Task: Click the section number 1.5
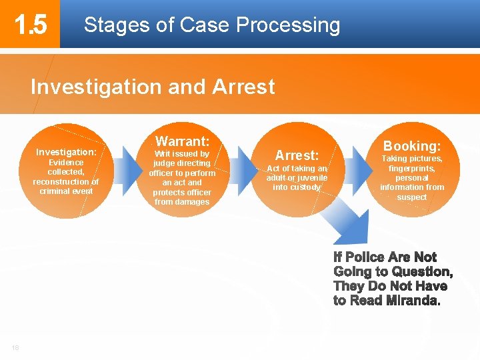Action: (31, 25)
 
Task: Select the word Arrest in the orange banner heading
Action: (243, 87)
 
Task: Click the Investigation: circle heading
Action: (66, 152)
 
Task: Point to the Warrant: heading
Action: (182, 141)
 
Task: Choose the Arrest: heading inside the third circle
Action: (297, 155)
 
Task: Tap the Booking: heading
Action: (411, 145)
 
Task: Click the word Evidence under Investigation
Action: (66, 163)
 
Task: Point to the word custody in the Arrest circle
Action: (305, 187)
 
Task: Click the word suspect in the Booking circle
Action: (411, 197)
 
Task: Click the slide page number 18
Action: (15, 347)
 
